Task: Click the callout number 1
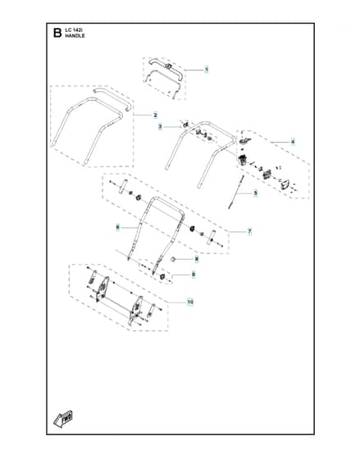pyautogui.click(x=207, y=70)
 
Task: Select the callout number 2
pyautogui.click(x=155, y=116)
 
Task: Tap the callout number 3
pyautogui.click(x=160, y=127)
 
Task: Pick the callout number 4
pyautogui.click(x=293, y=142)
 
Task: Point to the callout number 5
pyautogui.click(x=255, y=193)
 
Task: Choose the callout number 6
pyautogui.click(x=117, y=227)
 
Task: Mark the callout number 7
pyautogui.click(x=249, y=232)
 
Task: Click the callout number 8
pyautogui.click(x=197, y=259)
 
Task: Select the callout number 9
pyautogui.click(x=194, y=275)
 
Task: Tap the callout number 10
pyautogui.click(x=190, y=302)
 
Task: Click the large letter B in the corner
pyautogui.click(x=57, y=33)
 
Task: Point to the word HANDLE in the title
pyautogui.click(x=75, y=36)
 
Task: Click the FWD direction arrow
pyautogui.click(x=63, y=419)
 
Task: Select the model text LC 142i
pyautogui.click(x=72, y=30)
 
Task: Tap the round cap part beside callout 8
pyautogui.click(x=173, y=259)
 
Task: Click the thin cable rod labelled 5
pyautogui.click(x=235, y=192)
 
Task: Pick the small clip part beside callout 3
pyautogui.click(x=185, y=125)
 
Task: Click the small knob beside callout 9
pyautogui.click(x=162, y=277)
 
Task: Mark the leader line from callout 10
pyautogui.click(x=177, y=302)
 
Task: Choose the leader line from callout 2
pyautogui.click(x=144, y=115)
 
